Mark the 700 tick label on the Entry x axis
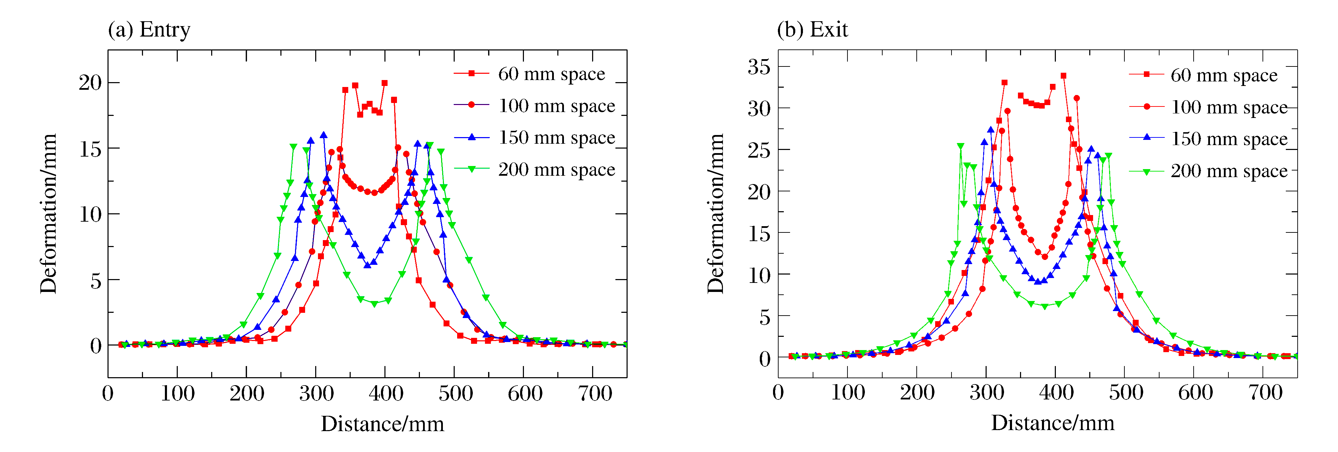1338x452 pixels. click(595, 393)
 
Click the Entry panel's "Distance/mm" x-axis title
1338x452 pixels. click(382, 424)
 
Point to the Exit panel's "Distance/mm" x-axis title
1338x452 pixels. click(1052, 423)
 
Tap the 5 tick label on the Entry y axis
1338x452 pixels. click(96, 280)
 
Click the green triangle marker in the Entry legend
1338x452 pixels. click(472, 169)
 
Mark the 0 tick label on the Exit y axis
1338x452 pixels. click(765, 358)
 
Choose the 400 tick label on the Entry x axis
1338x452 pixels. click(386, 393)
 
